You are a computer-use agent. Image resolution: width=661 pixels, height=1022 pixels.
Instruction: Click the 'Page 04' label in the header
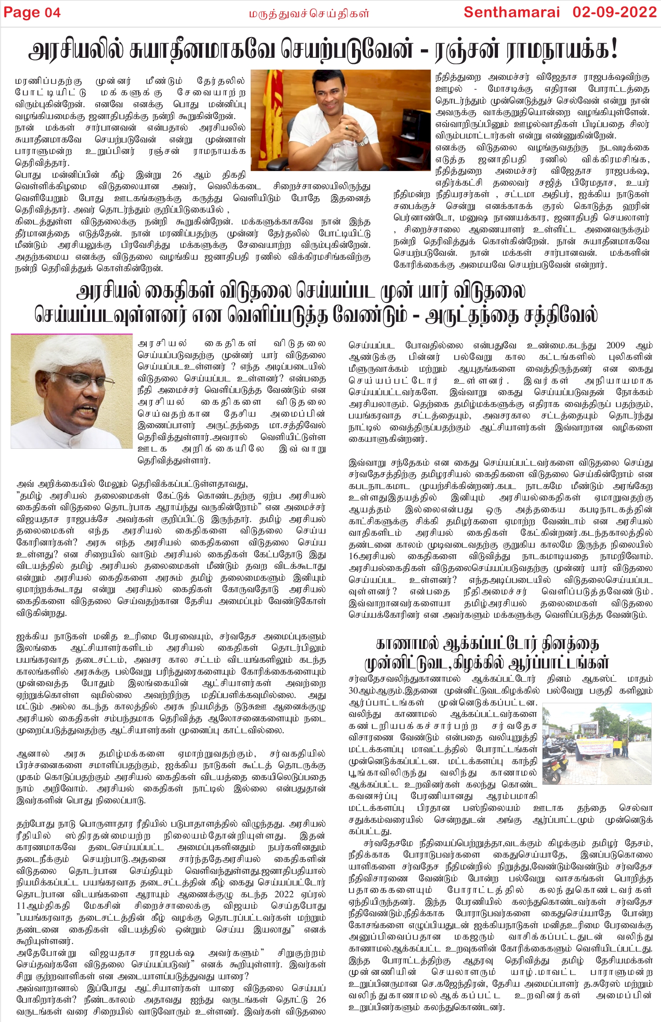(32, 13)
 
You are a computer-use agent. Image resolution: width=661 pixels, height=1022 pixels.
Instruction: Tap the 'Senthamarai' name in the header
(512, 12)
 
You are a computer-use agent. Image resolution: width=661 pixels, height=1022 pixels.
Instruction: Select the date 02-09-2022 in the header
(615, 12)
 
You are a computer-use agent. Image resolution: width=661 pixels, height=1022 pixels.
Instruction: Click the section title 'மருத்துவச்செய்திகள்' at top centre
(309, 14)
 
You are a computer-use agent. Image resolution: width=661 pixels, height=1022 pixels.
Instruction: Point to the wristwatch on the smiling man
(362, 142)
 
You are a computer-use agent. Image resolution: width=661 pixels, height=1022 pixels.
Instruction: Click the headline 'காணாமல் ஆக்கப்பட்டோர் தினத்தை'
(487, 644)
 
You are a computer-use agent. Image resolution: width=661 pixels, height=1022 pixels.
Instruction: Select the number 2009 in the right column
(616, 345)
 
